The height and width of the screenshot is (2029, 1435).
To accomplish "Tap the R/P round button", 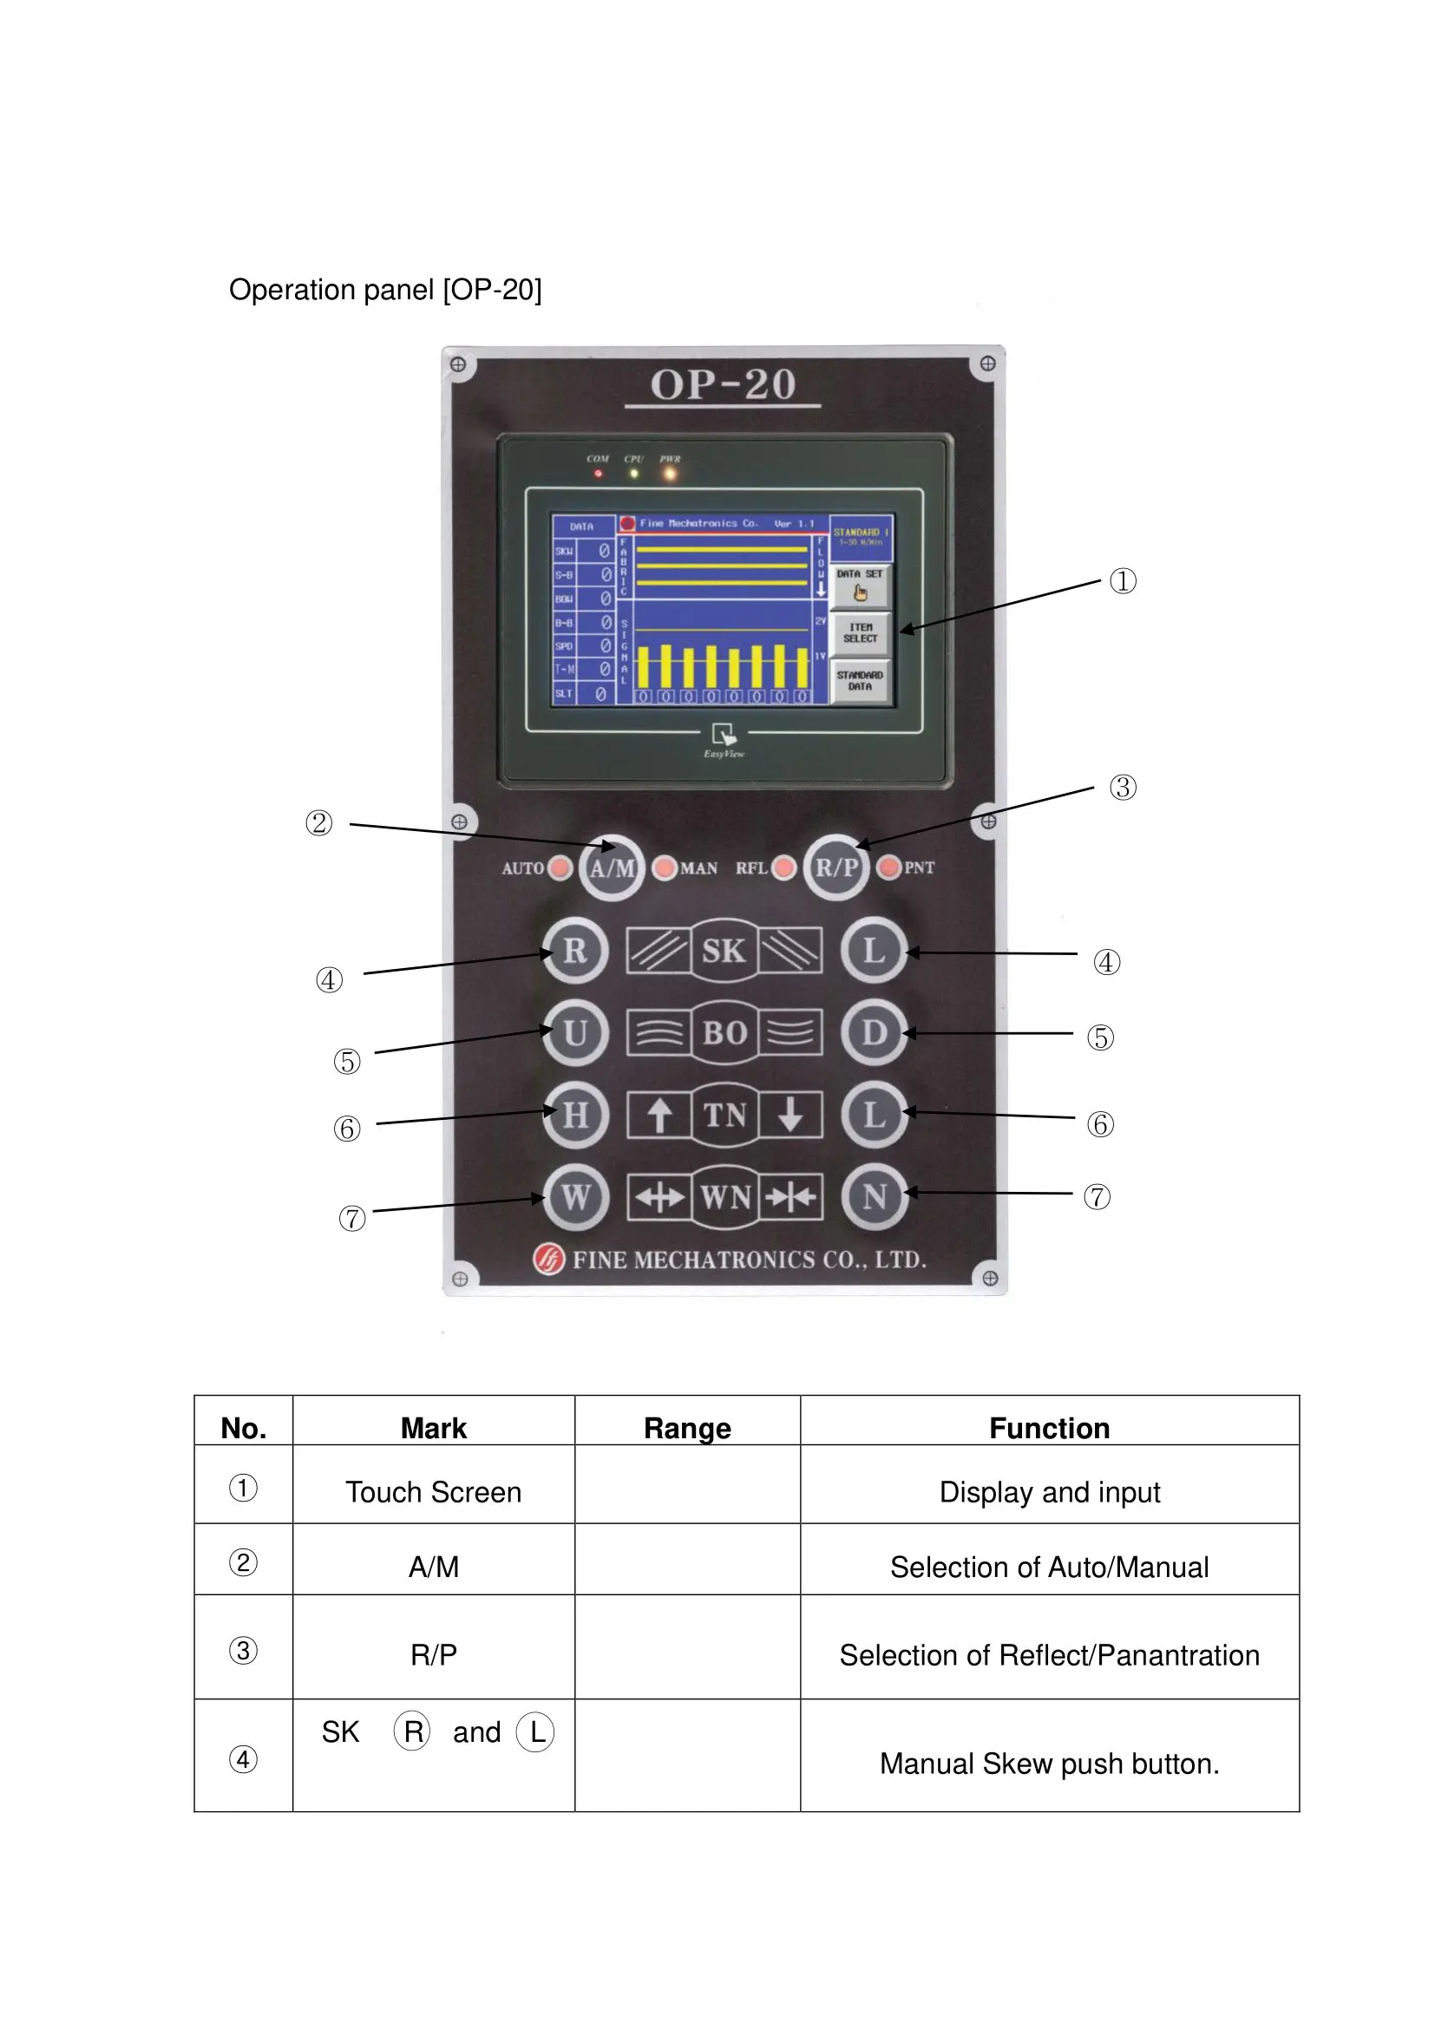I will [x=835, y=867].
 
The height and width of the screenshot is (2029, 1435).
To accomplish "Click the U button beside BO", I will [x=575, y=1032].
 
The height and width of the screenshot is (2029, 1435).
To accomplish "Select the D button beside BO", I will [x=874, y=1032].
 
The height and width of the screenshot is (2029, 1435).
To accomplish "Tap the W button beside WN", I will [x=576, y=1196].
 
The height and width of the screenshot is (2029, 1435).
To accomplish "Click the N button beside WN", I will [x=875, y=1196].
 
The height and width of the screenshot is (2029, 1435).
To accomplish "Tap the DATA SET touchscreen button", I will [x=860, y=585].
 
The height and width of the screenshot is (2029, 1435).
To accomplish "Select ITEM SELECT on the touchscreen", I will [x=860, y=632].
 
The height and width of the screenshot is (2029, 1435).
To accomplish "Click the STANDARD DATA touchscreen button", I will [x=860, y=680].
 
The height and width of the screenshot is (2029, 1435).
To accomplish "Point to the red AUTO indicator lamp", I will [x=560, y=867].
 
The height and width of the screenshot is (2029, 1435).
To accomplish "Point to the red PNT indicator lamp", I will [x=889, y=867].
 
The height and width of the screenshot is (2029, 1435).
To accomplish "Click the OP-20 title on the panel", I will [x=723, y=385].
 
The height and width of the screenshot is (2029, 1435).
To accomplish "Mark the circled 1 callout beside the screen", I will [x=1122, y=581].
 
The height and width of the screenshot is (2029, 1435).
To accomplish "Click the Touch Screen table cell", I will [x=433, y=1492].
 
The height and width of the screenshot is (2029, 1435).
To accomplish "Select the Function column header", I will [x=1049, y=1428].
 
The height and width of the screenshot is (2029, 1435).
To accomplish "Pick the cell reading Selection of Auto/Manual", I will [x=1049, y=1567].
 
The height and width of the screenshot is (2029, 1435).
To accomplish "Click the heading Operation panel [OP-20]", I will [x=385, y=290].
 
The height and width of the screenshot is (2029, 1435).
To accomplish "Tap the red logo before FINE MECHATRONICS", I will [x=547, y=1259].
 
